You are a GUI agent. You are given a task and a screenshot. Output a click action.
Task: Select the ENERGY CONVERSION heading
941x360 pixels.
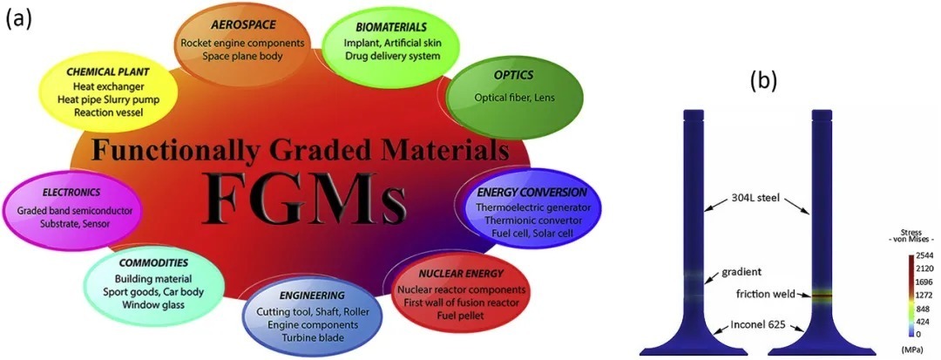531,191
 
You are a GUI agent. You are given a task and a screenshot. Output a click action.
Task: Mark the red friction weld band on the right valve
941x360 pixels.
823,296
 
